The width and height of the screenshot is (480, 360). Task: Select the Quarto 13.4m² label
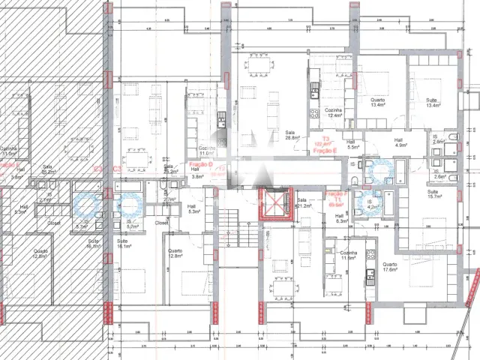[x=377, y=102]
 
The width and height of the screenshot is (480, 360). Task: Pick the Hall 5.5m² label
[x=350, y=144]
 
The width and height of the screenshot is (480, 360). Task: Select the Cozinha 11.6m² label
[x=347, y=256]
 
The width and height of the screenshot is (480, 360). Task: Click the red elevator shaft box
[x=272, y=204]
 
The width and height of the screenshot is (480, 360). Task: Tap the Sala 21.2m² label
[x=303, y=202]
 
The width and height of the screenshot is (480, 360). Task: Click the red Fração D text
[x=200, y=163]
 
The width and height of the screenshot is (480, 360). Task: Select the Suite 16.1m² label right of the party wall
[x=124, y=243]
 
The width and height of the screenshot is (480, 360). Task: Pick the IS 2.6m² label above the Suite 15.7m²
[x=439, y=174]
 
